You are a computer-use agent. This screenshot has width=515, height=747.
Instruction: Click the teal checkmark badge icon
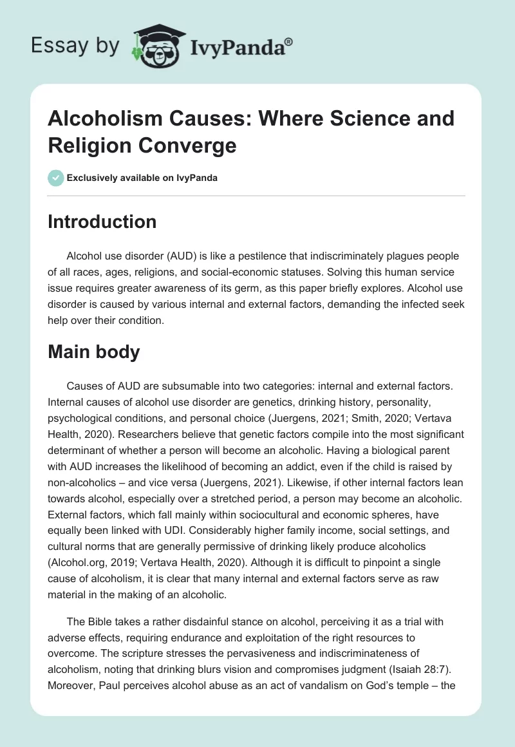click(56, 178)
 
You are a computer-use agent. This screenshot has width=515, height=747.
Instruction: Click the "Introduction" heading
click(102, 222)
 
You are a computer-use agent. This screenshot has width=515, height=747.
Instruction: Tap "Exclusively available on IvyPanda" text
click(143, 178)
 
